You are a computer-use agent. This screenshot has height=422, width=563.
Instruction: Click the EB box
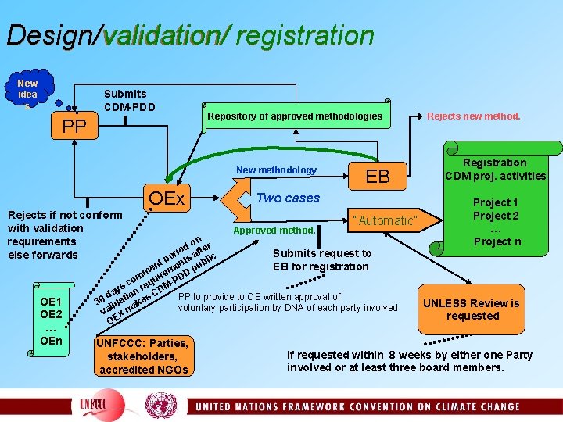tap(378, 176)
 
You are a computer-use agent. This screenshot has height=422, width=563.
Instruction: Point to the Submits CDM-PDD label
tap(130, 100)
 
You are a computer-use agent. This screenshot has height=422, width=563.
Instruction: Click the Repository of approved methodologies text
tap(295, 116)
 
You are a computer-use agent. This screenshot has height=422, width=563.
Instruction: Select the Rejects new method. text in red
tap(473, 116)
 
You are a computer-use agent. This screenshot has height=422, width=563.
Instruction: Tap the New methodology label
tap(276, 170)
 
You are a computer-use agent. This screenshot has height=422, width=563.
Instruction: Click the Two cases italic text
tap(289, 198)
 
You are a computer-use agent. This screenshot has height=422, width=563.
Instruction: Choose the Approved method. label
tap(274, 231)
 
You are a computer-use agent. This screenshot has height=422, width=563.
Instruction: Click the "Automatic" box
tap(385, 220)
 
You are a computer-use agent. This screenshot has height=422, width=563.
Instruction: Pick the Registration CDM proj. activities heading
tap(495, 169)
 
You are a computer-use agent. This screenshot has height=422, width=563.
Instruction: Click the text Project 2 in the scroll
tap(495, 216)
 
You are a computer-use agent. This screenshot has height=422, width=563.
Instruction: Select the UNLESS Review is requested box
tap(472, 309)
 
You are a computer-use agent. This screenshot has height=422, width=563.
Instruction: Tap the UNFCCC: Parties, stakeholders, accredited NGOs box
tap(143, 356)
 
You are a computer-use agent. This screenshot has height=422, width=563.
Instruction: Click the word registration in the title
tap(305, 35)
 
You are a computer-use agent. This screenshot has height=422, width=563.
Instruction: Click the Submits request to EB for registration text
tap(321, 259)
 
